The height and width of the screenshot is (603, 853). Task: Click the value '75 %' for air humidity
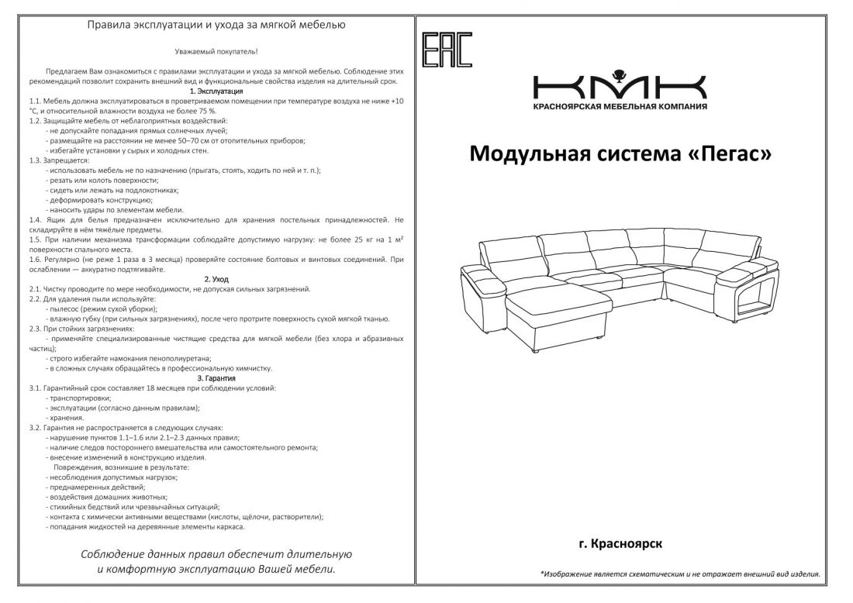(205, 111)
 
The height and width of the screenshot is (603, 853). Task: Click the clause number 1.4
(34, 220)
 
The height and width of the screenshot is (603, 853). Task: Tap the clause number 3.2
(34, 427)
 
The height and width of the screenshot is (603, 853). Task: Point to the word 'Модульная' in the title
(527, 154)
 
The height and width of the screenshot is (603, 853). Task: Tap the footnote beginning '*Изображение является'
(679, 574)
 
